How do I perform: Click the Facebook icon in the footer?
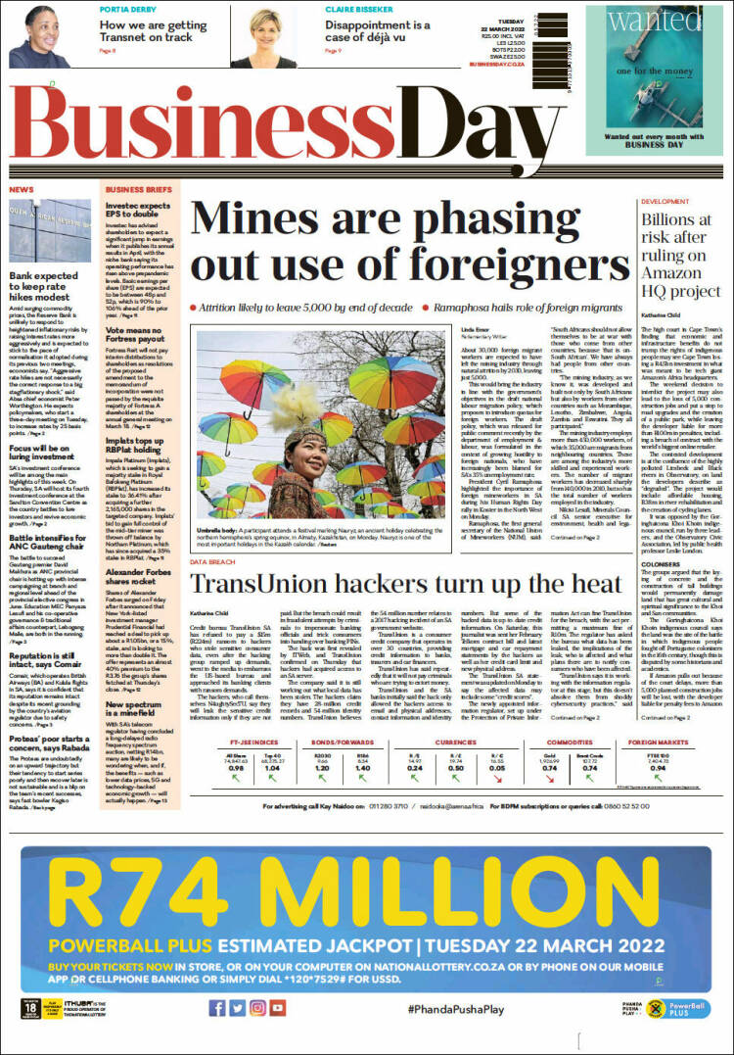click(x=216, y=1007)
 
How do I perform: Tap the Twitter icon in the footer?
click(x=237, y=1007)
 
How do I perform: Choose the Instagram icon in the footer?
click(x=257, y=1007)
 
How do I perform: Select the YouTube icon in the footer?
click(x=278, y=1007)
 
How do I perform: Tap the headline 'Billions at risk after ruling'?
click(x=682, y=253)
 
